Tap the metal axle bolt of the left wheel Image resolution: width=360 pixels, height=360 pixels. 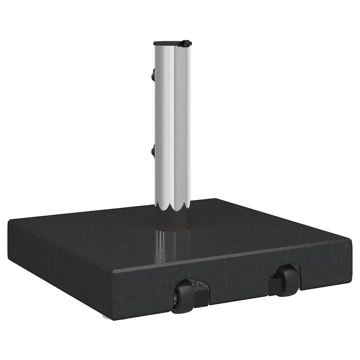[x=175, y=299]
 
